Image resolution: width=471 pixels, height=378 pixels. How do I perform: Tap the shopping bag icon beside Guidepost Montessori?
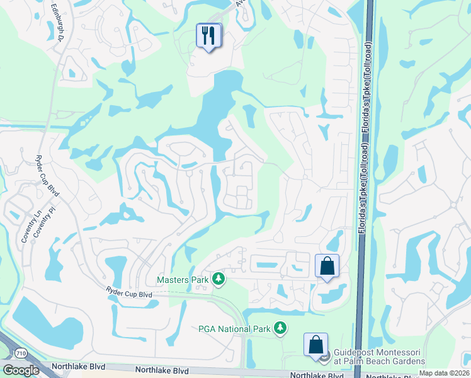point(315,345)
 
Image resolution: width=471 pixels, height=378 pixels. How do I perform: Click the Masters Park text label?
point(182,279)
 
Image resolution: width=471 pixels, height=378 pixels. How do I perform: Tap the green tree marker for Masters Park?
point(218,278)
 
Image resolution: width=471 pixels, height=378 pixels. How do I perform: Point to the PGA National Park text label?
point(234,328)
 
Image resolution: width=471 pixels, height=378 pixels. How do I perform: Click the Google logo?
point(21,370)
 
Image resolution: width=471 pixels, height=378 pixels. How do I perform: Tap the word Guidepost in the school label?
point(358,352)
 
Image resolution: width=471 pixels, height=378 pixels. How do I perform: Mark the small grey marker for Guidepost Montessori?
point(324,357)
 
